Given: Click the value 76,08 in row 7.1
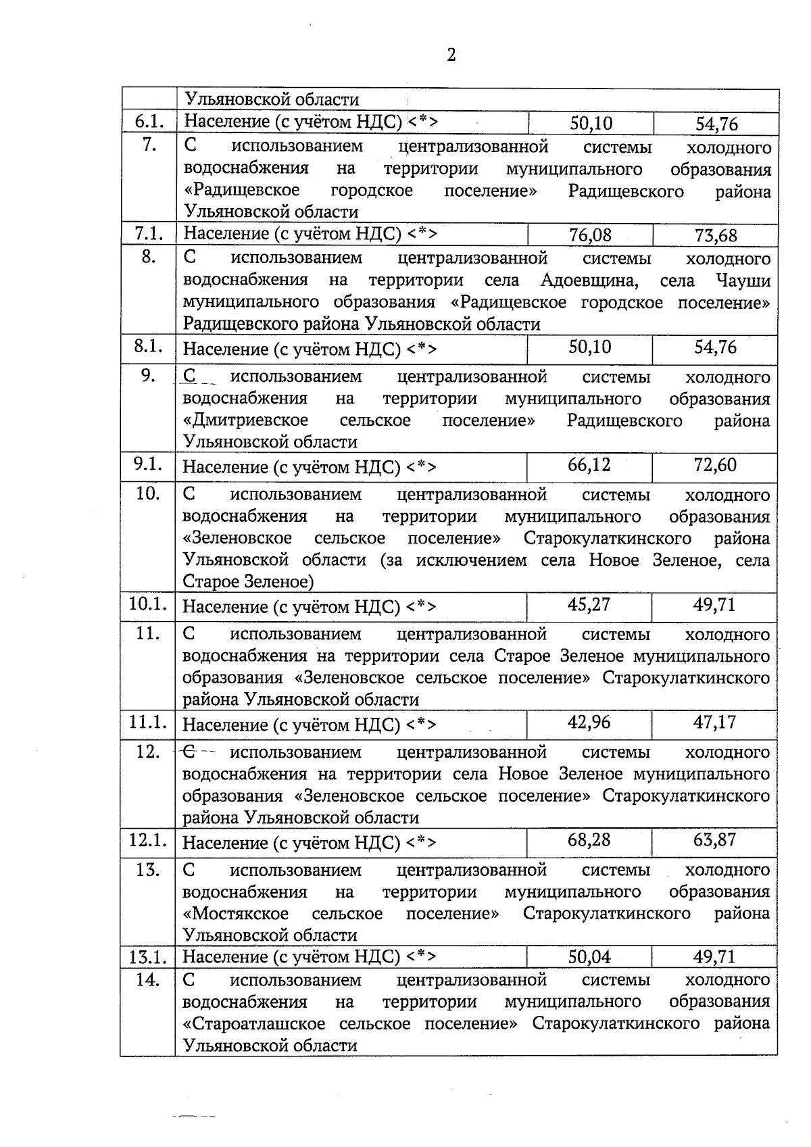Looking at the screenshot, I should pos(590,235).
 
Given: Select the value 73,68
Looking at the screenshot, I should pos(716,236).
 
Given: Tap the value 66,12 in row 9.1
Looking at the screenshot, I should pos(589,465).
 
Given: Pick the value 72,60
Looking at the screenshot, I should pos(715,465).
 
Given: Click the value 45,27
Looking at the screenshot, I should pos(589,604).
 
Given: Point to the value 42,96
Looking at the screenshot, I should pos(589,722).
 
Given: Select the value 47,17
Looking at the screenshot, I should pos(714,722).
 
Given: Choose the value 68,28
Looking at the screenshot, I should pos(589,839).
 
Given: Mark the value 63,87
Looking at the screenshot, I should pos(714,839).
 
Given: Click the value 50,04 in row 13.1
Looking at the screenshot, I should pos(589,957).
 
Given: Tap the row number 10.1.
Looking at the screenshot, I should pos(148,604).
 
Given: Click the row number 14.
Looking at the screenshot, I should pos(148,979).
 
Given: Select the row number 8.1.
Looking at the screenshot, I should pos(148,347).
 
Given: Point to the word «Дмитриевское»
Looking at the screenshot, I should pos(245,420).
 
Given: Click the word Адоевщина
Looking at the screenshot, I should pos(589,280).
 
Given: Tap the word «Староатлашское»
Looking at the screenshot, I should pos(263,1023).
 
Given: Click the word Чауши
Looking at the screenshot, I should pos(742,280).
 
